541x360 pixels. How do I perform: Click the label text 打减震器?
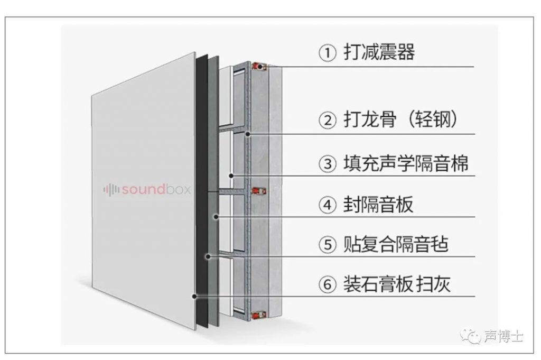click(379, 53)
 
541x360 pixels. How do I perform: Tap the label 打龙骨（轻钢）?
click(400, 120)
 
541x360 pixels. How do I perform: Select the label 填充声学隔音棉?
click(406, 163)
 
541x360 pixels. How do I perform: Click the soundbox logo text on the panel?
click(156, 189)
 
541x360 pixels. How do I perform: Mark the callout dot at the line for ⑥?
click(195, 297)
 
